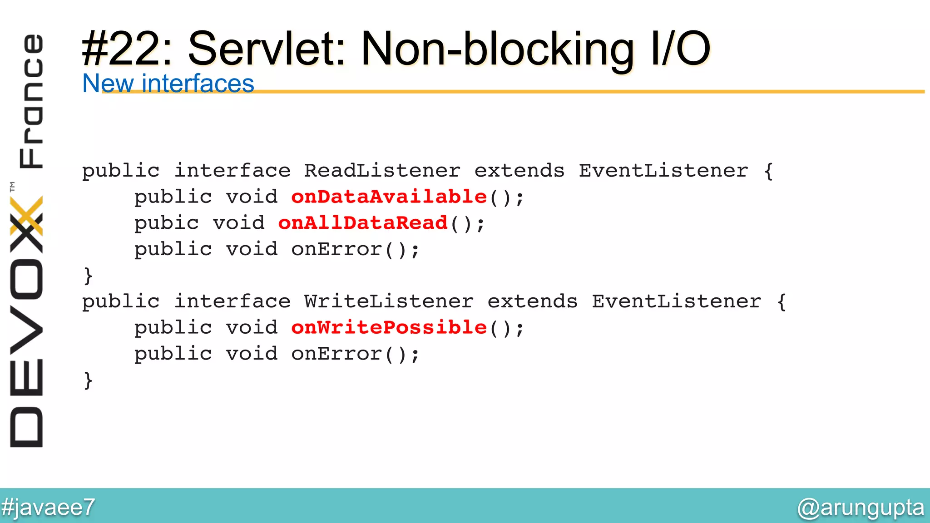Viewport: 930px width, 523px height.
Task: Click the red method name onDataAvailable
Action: [389, 197]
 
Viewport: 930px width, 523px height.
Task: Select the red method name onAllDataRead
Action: [363, 223]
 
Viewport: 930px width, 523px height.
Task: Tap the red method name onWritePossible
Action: [389, 327]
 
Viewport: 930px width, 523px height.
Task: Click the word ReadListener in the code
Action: [382, 171]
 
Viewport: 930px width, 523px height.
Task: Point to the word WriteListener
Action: [389, 301]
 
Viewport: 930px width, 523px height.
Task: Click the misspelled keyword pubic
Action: [166, 223]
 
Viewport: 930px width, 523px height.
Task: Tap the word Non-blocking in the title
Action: [497, 49]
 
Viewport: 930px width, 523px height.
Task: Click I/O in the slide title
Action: [680, 49]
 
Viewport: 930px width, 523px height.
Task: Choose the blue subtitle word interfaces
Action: [198, 84]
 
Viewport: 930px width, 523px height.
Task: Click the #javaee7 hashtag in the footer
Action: [48, 507]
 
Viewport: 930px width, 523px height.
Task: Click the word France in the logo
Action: [31, 101]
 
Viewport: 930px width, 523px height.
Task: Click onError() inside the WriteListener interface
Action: [355, 354]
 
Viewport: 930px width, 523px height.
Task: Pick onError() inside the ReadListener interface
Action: [355, 249]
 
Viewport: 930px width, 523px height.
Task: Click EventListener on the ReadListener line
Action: [663, 171]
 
